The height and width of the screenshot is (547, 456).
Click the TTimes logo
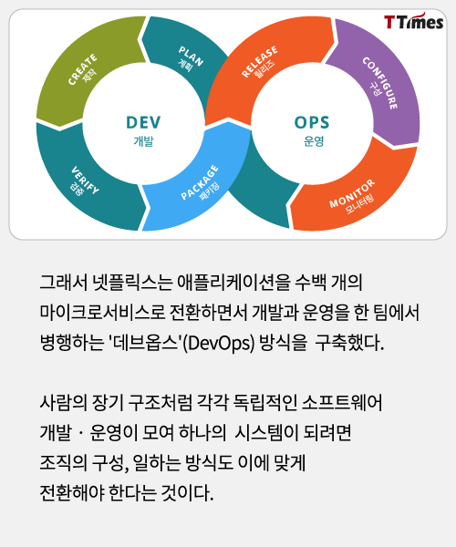[x=413, y=21]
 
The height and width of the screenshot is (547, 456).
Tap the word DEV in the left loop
[x=143, y=122]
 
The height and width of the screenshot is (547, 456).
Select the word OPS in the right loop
[x=312, y=122]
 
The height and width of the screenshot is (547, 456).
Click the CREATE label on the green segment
[x=82, y=68]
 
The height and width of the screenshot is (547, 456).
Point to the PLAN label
[x=191, y=56]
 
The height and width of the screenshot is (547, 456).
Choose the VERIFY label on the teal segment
[x=85, y=180]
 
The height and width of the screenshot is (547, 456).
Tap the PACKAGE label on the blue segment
[x=200, y=182]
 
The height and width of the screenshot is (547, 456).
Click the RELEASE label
[x=260, y=61]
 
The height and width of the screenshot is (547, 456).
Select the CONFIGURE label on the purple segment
[x=380, y=83]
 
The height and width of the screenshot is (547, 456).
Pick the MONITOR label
[x=352, y=193]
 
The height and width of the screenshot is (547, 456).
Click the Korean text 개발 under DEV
[x=143, y=141]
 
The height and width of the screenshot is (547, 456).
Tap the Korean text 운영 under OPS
[x=314, y=141]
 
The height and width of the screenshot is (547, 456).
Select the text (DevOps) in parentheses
[x=218, y=343]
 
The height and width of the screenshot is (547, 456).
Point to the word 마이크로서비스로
[x=102, y=312]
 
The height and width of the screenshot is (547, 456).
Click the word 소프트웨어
[x=342, y=402]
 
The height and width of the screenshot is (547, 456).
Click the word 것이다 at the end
[x=187, y=493]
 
